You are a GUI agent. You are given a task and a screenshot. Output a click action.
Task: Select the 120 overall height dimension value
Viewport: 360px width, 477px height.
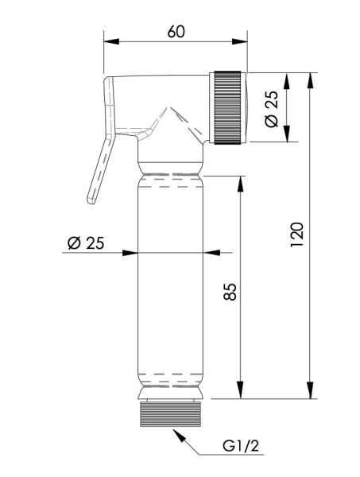[x=296, y=236]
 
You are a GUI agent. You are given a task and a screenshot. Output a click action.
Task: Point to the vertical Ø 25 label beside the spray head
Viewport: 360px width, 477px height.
[x=271, y=108]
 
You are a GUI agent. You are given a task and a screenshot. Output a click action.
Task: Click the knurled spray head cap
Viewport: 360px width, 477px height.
[x=229, y=108]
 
